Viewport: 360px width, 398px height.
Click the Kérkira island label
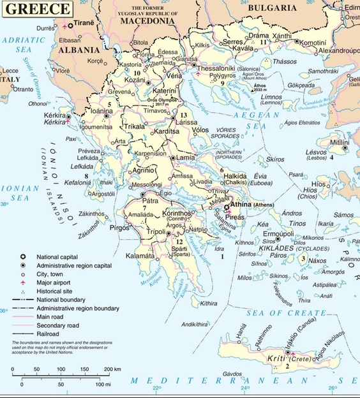(56, 115)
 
